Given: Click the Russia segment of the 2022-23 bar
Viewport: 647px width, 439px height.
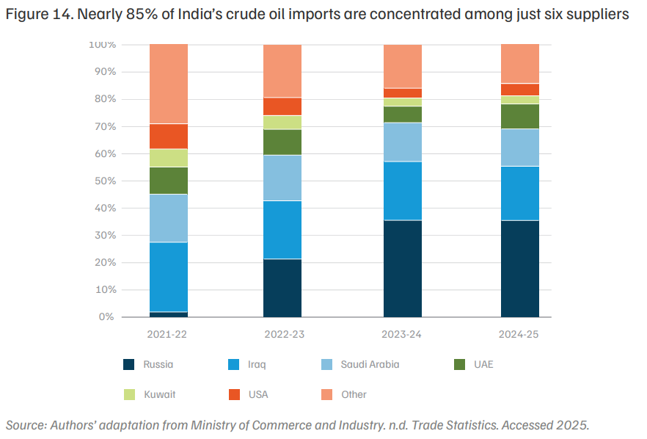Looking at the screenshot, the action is [x=282, y=288].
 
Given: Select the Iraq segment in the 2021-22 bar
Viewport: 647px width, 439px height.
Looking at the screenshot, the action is [x=169, y=277].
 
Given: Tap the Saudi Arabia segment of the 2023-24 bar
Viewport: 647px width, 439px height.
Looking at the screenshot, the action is [x=403, y=142].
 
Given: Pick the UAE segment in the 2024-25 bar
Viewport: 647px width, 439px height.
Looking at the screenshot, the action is [x=520, y=117].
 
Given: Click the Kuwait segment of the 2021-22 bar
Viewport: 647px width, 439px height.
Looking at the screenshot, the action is [x=169, y=158].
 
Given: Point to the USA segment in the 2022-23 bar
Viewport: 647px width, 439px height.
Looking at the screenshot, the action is [x=282, y=106].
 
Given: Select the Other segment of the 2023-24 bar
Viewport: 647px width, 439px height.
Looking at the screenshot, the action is [x=403, y=66].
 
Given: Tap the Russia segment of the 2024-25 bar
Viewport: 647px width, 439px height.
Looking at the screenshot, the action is [x=520, y=269].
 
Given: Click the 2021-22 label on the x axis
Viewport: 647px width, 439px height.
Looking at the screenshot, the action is [x=167, y=334].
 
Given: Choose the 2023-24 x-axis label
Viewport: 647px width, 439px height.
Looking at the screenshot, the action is [x=401, y=334].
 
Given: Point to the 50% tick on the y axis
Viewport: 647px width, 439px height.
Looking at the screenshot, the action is [x=106, y=181].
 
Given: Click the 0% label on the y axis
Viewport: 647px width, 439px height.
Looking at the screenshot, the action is [x=106, y=316].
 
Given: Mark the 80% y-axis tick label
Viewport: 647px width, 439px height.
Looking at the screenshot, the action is [x=106, y=99].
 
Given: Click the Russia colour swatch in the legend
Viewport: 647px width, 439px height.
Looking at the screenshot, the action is [x=129, y=364].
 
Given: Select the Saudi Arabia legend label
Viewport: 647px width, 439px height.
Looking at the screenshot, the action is [x=370, y=364].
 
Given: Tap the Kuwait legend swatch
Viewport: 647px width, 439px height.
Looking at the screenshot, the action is [x=129, y=394].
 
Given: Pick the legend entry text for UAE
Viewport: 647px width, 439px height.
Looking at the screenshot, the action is [x=483, y=364].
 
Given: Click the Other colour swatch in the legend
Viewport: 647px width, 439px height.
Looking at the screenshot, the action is [x=327, y=394].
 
